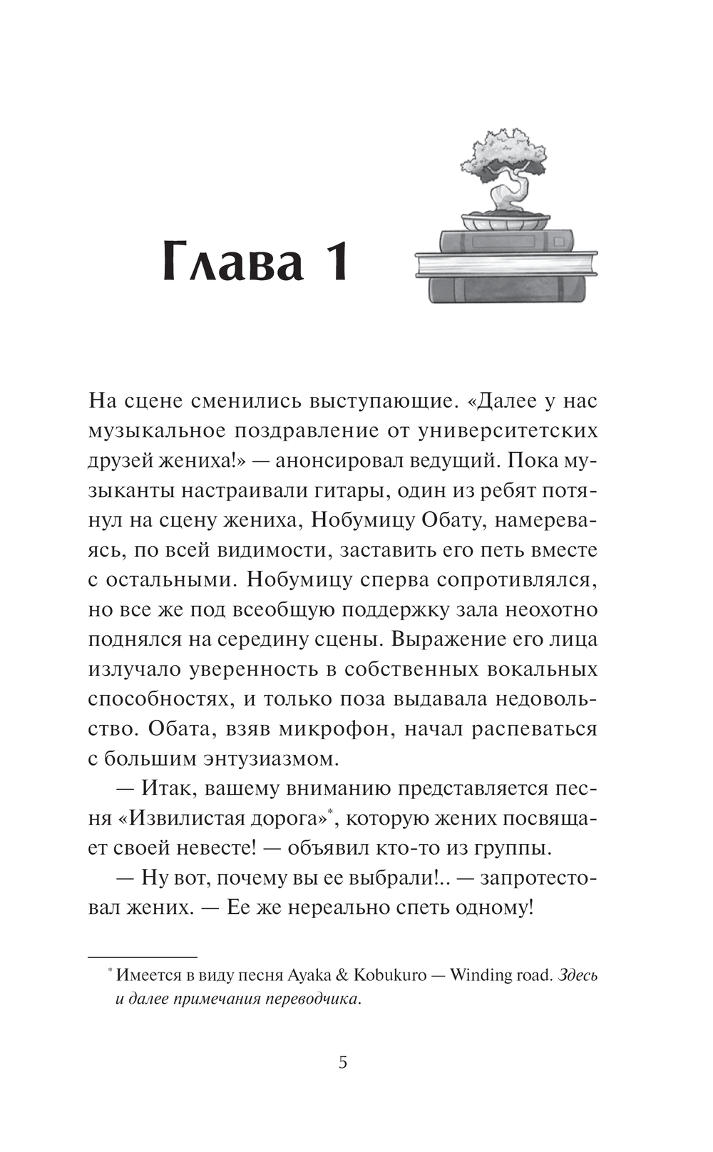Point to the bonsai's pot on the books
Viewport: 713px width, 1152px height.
(x=505, y=221)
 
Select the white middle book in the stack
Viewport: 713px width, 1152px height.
(x=506, y=264)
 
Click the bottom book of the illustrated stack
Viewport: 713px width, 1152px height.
(x=506, y=288)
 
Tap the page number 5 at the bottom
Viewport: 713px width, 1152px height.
(x=343, y=1063)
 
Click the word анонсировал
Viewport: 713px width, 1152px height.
(x=337, y=461)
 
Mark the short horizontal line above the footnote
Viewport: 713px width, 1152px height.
(x=142, y=955)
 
